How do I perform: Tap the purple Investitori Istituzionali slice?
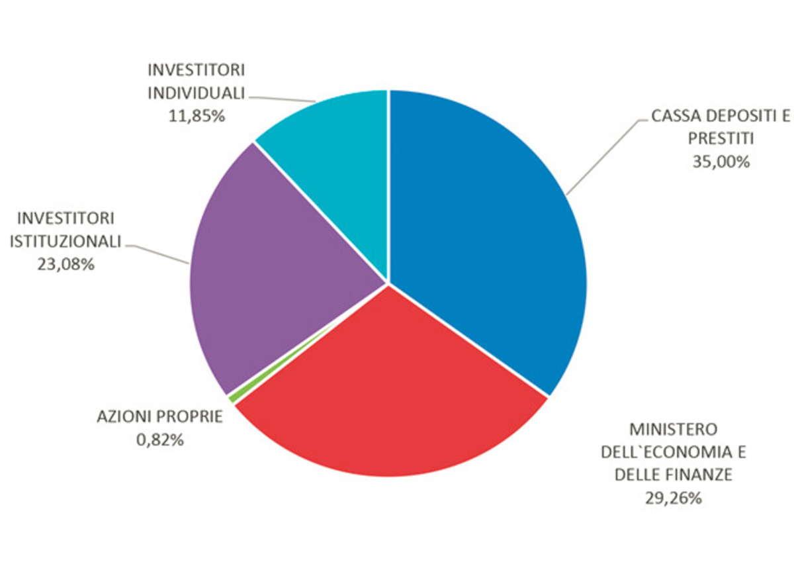pyautogui.click(x=265, y=278)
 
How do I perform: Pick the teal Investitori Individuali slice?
pyautogui.click(x=331, y=146)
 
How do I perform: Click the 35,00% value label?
pyautogui.click(x=721, y=162)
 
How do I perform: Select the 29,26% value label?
pyautogui.click(x=673, y=498)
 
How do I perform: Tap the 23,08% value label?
pyautogui.click(x=66, y=264)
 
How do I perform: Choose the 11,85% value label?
pyautogui.click(x=197, y=116)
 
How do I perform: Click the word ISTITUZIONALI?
pyautogui.click(x=66, y=241)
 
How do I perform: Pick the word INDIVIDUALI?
pyautogui.click(x=197, y=93)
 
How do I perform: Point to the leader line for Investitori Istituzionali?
pyautogui.click(x=159, y=252)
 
